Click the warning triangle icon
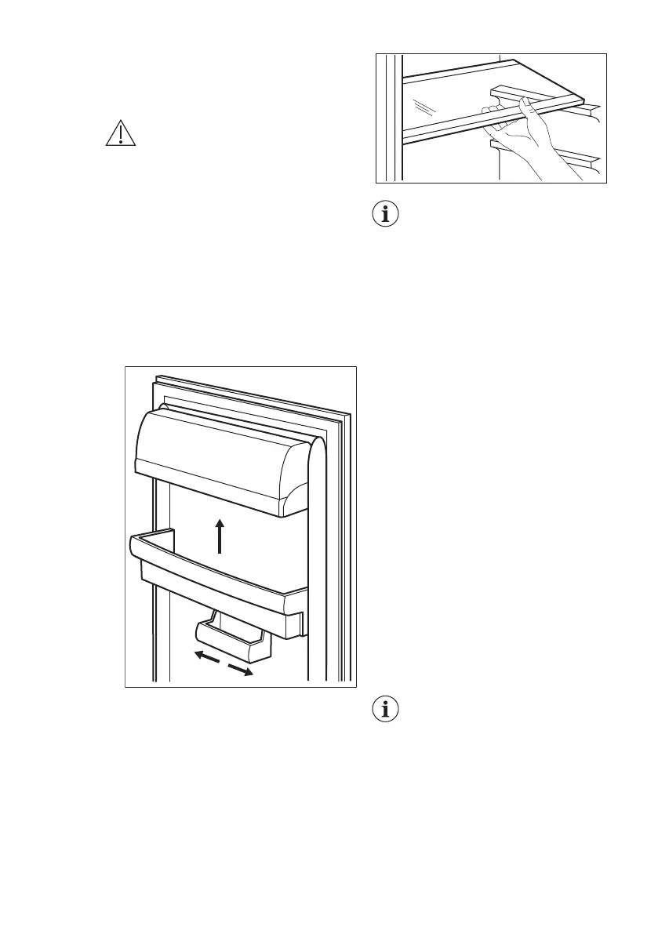(121, 133)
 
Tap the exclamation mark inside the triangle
(121, 136)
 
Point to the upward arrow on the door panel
(220, 536)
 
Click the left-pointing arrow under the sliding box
(206, 656)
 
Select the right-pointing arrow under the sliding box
(241, 669)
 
